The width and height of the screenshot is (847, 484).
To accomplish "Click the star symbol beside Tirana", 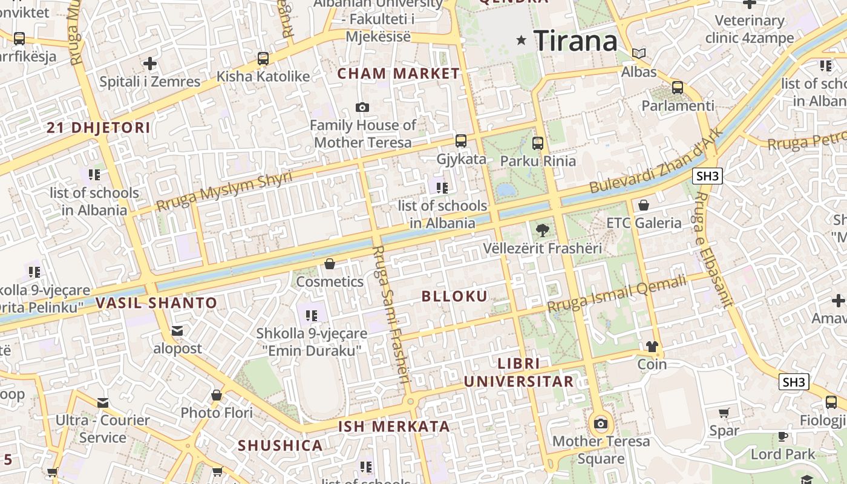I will click(x=521, y=41).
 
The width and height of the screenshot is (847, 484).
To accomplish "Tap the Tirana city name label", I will click(x=576, y=41).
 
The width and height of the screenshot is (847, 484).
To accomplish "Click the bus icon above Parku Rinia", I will click(x=538, y=143).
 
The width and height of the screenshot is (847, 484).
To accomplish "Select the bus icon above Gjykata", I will click(x=461, y=141).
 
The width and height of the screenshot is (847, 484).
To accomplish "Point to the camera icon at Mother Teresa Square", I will click(x=600, y=423).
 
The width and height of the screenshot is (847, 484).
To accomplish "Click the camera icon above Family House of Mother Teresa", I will click(x=362, y=108).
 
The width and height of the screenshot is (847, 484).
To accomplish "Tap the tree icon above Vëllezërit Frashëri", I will click(x=543, y=229).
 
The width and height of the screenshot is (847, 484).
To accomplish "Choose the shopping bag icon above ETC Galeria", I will click(x=644, y=205).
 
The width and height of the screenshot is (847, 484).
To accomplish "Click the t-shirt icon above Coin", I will click(x=652, y=347).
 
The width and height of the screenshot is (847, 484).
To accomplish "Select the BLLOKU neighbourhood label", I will click(x=454, y=296).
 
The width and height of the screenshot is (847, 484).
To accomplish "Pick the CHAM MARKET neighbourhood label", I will click(x=399, y=74).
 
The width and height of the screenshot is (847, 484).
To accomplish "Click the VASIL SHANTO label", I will click(x=156, y=303).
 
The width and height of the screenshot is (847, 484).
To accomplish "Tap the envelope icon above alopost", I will click(x=177, y=331).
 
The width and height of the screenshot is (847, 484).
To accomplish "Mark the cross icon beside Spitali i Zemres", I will click(x=150, y=64).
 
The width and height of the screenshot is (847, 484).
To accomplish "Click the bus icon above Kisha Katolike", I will click(x=263, y=59).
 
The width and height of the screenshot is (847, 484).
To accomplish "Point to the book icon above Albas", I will click(x=639, y=53).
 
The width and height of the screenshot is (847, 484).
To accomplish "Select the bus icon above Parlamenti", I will click(x=678, y=87).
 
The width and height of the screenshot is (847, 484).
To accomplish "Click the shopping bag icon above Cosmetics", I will click(x=330, y=264).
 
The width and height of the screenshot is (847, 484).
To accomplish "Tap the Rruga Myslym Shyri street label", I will click(x=224, y=191).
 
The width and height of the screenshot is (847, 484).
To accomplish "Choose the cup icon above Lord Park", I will click(x=783, y=436).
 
